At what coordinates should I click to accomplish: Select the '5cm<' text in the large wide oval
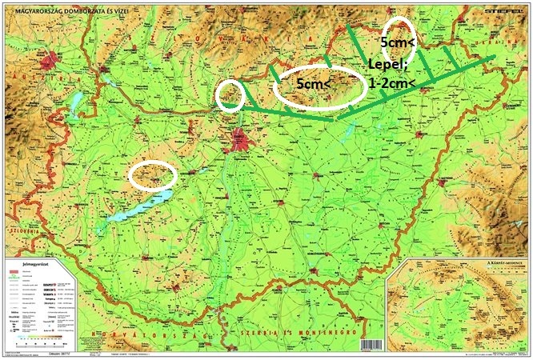[x=314, y=83]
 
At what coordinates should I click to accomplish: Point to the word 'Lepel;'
[x=387, y=64]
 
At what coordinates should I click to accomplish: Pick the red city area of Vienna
[x=54, y=60]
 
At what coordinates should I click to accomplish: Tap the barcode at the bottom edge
[x=372, y=346]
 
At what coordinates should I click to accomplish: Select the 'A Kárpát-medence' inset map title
[x=503, y=262]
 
